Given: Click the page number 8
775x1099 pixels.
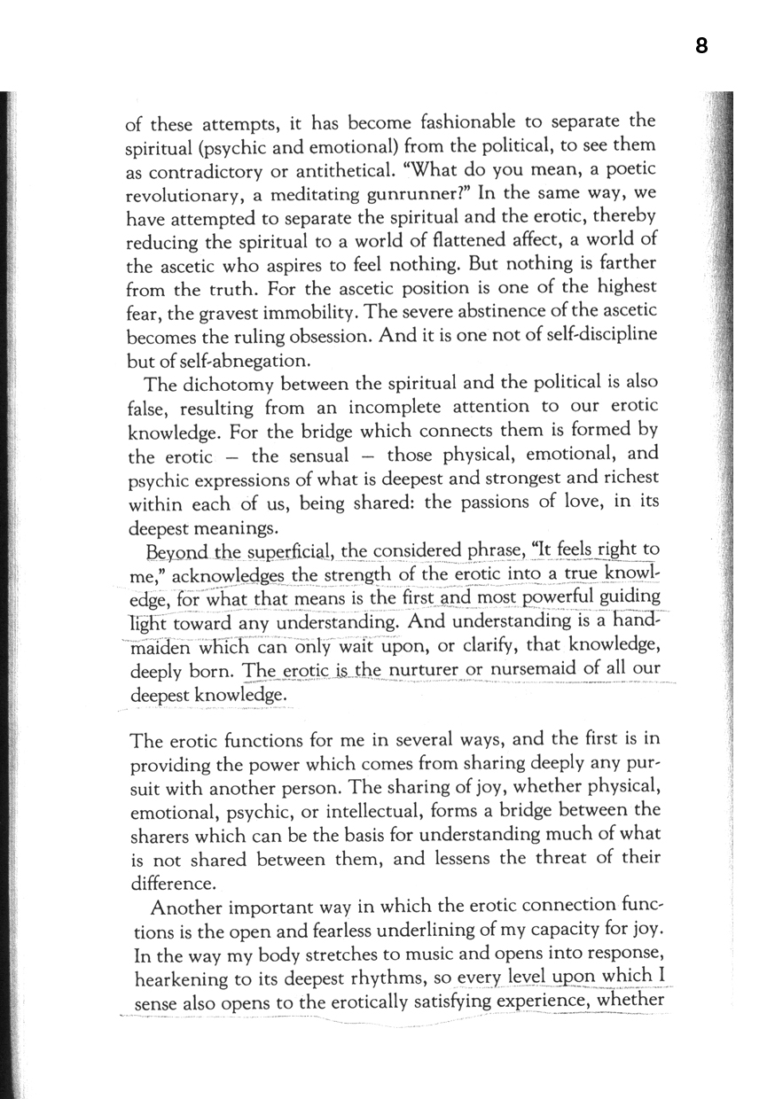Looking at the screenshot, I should coord(701,45).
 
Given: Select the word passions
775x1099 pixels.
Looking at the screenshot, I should coord(489,505).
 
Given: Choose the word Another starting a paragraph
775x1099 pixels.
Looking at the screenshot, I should coord(193,908).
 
